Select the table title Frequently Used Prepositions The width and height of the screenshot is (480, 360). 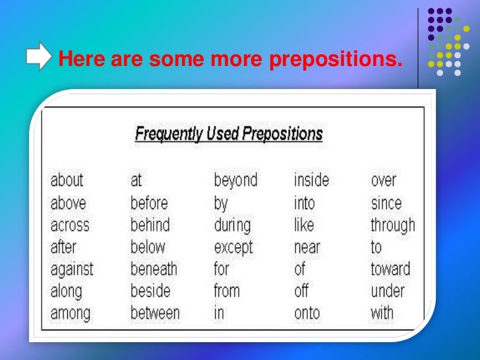coord(229,135)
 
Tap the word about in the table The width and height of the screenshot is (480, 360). coord(67,180)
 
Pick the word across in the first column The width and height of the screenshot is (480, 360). coord(70,225)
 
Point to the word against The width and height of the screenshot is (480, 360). coord(72,269)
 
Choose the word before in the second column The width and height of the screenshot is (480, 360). coord(149,202)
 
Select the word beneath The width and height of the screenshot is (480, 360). coord(154,269)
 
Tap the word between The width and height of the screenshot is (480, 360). coord(155,313)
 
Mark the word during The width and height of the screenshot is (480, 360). coord(232,225)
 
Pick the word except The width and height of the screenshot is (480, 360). coord(233,248)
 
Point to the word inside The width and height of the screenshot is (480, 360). coord(311,180)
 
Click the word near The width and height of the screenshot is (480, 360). coord(307,247)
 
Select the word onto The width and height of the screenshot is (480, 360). coord(307,313)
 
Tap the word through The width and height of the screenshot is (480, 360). coord(393,225)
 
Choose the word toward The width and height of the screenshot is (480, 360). coord(390,269)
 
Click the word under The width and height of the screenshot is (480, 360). coord(388,291)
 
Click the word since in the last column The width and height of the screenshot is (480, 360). coord(386,202)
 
